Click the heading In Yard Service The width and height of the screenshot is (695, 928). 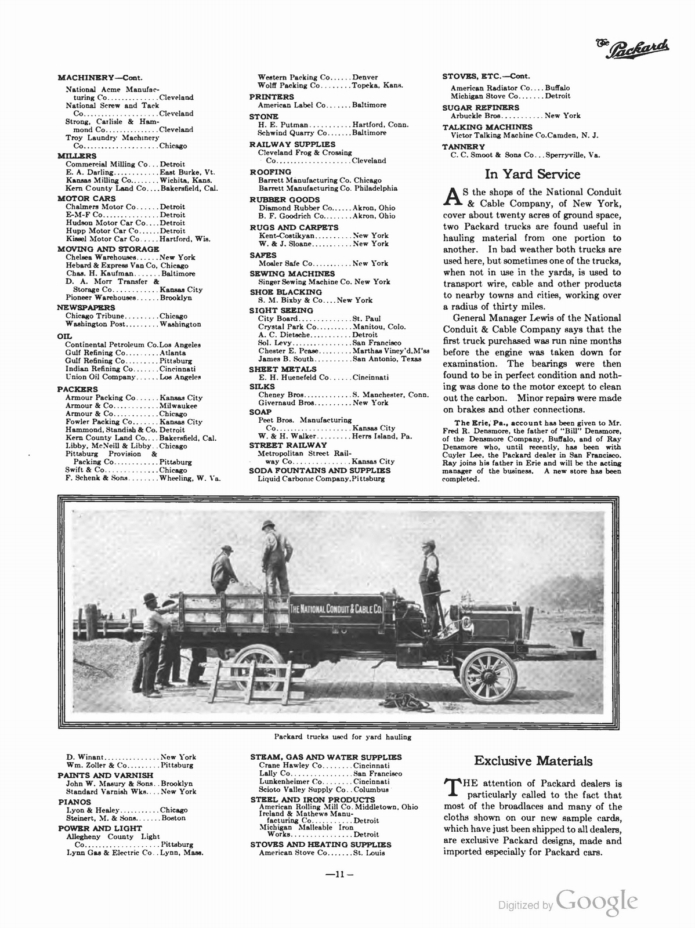tap(532, 174)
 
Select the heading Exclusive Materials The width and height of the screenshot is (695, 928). tap(533, 760)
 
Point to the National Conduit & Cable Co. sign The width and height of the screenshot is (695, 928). tap(335, 610)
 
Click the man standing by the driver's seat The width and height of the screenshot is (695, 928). tap(429, 577)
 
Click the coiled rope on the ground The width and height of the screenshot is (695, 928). tap(409, 702)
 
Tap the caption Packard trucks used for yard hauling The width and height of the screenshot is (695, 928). tap(342, 737)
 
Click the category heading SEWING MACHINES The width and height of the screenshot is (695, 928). tap(292, 273)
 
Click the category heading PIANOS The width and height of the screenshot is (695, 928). tap(71, 802)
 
